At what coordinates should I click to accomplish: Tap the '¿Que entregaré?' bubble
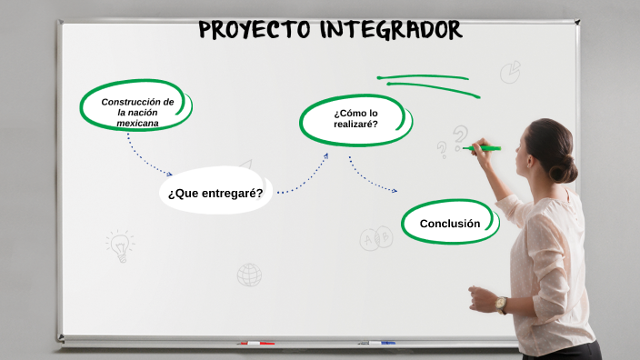click(215, 193)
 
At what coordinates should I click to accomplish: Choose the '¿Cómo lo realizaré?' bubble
click(355, 119)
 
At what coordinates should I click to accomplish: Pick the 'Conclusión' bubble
click(450, 223)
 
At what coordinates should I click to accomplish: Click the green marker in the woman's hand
click(485, 148)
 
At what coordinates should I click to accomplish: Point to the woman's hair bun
click(565, 168)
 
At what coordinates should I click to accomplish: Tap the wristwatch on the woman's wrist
click(501, 305)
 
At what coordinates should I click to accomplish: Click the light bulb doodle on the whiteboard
click(119, 245)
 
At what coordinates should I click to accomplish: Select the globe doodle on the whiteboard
click(249, 274)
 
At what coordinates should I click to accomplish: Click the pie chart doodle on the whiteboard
click(510, 71)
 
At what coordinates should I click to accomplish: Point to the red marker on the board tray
click(255, 343)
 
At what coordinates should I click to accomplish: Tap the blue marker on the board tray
click(376, 343)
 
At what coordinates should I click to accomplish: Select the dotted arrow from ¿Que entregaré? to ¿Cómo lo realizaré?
click(304, 176)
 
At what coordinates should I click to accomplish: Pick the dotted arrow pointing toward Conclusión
click(372, 176)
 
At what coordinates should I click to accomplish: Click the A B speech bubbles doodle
click(376, 238)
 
